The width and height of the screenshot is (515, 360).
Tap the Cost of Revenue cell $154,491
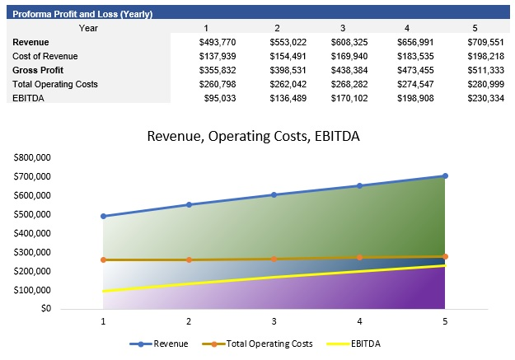[286, 55]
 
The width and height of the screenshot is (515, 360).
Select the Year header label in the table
[88, 27]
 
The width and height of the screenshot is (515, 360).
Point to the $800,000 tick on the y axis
[33, 157]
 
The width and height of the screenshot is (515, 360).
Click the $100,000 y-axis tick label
[33, 290]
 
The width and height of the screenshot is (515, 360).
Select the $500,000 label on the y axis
[33, 214]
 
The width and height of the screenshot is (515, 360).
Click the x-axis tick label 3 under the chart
[274, 321]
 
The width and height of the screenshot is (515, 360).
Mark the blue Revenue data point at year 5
[445, 175]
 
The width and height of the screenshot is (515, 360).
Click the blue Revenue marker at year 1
[103, 216]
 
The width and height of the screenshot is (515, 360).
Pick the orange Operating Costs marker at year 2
[189, 259]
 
